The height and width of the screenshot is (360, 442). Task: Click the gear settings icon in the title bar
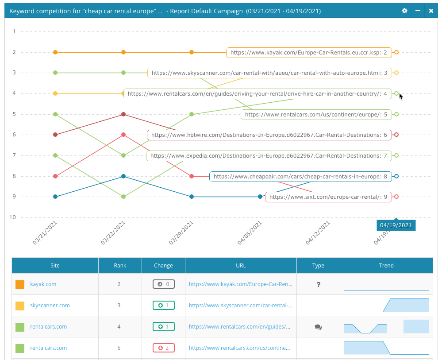pyautogui.click(x=404, y=11)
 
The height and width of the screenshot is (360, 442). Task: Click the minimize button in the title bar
pyautogui.click(x=418, y=11)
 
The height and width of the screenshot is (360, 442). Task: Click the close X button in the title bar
pyautogui.click(x=431, y=11)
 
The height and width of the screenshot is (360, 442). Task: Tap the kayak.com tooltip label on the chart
pyautogui.click(x=309, y=53)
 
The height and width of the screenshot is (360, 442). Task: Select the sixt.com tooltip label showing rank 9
pyautogui.click(x=328, y=197)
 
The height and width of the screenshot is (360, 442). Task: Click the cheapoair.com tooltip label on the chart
pyautogui.click(x=300, y=176)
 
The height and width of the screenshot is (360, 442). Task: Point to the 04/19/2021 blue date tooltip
pyautogui.click(x=396, y=225)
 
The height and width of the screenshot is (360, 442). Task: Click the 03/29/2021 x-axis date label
pyautogui.click(x=182, y=233)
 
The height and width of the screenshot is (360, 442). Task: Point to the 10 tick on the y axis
pyautogui.click(x=12, y=217)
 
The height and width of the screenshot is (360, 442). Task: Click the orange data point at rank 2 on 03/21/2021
pyautogui.click(x=55, y=52)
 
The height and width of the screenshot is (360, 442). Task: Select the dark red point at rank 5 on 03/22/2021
pyautogui.click(x=123, y=114)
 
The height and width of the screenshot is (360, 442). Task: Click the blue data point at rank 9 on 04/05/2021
pyautogui.click(x=260, y=197)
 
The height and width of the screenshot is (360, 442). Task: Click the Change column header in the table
pyautogui.click(x=163, y=266)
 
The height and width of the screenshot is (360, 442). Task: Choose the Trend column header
pyautogui.click(x=386, y=266)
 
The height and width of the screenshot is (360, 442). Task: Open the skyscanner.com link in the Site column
pyautogui.click(x=50, y=306)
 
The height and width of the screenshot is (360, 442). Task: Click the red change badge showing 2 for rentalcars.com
pyautogui.click(x=163, y=348)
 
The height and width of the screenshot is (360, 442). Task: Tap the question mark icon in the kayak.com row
pyautogui.click(x=318, y=284)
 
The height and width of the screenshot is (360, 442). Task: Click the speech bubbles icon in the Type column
pyautogui.click(x=318, y=327)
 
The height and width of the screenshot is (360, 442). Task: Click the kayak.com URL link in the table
pyautogui.click(x=239, y=284)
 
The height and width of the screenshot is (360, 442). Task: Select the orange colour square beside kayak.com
pyautogui.click(x=20, y=284)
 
